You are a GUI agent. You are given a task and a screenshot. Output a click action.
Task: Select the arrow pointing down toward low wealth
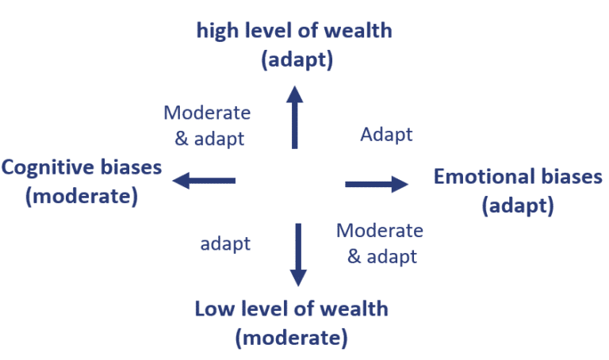point(298,254)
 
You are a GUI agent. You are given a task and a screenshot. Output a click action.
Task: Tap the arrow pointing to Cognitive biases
point(205,181)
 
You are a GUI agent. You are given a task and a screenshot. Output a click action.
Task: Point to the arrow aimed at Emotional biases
point(377,185)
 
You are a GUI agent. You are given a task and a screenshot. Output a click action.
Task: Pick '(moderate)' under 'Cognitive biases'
point(82,195)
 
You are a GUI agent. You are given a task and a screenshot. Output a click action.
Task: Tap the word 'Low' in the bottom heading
point(213,308)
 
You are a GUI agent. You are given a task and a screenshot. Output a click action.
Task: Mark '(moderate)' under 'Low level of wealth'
point(291,337)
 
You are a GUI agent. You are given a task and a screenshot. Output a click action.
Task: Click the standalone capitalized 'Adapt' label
point(386,134)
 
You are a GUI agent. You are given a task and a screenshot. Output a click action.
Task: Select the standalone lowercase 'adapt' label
point(225,243)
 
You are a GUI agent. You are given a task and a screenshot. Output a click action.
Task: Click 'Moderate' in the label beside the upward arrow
point(206,113)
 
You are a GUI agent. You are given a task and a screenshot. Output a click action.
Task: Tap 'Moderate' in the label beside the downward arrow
point(380,231)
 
